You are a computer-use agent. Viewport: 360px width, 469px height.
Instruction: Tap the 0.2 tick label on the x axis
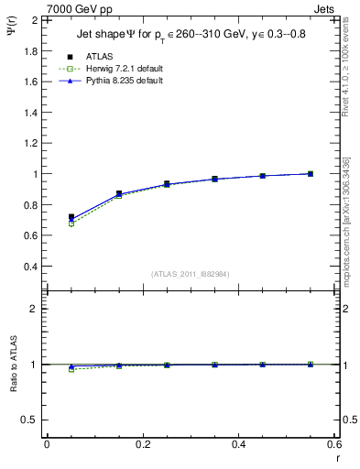click(x=142, y=444)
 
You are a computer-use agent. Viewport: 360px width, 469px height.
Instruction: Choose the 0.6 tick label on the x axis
click(x=333, y=444)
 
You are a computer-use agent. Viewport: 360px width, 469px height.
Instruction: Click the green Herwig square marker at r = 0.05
click(x=71, y=224)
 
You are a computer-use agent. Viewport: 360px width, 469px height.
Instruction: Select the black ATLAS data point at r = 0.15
click(x=119, y=193)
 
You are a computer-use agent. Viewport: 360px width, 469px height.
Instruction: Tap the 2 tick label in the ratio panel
click(x=33, y=309)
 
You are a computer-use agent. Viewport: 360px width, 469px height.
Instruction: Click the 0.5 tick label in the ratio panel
click(x=29, y=420)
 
